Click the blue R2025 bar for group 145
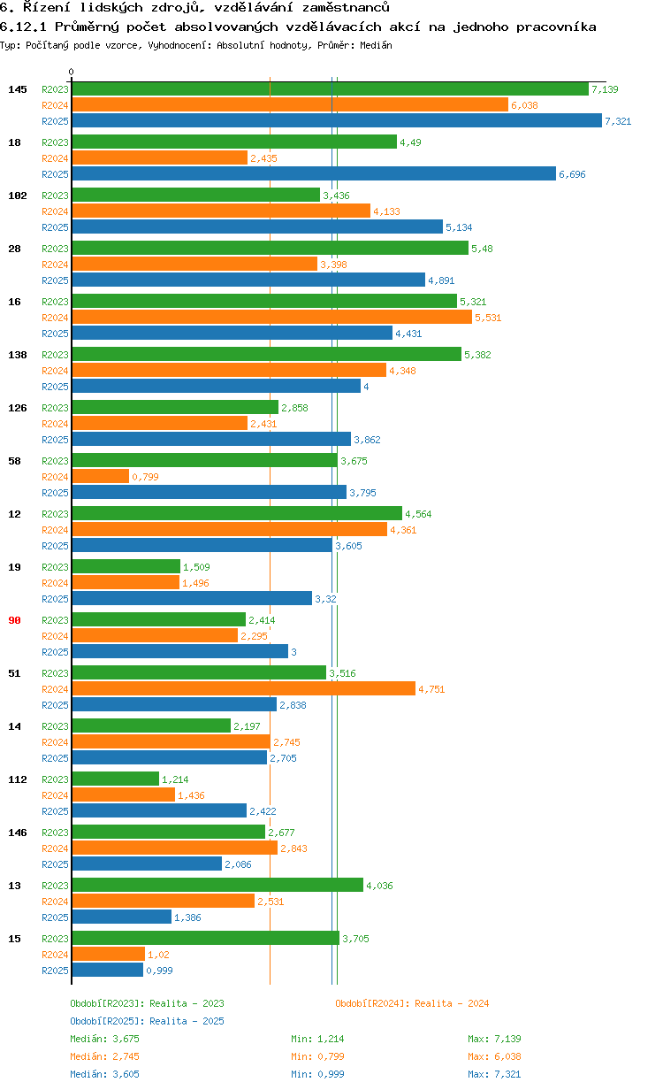coord(336,121)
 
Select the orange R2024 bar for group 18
coord(159,158)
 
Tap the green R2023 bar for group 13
coord(217,885)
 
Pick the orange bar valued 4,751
coord(243,689)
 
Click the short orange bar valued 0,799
coord(100,477)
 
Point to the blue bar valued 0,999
coord(107,971)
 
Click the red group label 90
coord(14,620)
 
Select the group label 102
coord(17,196)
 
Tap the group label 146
coord(17,833)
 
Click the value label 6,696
coord(572,174)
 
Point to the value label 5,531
coord(488,318)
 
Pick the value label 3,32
coord(325,599)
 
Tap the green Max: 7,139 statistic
coord(494,1039)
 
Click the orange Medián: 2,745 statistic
coord(104,1056)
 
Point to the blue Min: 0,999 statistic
coord(317,1074)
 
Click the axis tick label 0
coord(72,73)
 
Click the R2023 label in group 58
coord(55,461)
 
